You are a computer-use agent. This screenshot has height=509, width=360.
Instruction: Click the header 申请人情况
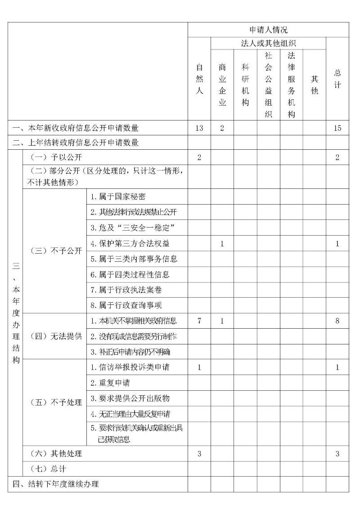pyautogui.click(x=268, y=30)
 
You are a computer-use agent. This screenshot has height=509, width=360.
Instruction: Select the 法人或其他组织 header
pyautogui.click(x=268, y=43)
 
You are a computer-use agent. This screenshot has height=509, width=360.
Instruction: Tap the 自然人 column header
pyautogui.click(x=199, y=79)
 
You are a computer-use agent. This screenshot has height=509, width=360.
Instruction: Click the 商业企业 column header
pyautogui.click(x=222, y=85)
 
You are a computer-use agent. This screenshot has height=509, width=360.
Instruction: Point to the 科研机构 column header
pyautogui.click(x=245, y=85)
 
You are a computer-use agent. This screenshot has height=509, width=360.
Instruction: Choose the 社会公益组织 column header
pyautogui.click(x=268, y=85)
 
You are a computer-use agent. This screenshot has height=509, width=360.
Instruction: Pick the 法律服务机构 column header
pyautogui.click(x=291, y=85)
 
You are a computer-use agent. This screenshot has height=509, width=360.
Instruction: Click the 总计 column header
pyautogui.click(x=337, y=79)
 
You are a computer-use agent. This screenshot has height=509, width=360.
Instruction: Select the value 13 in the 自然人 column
pyautogui.click(x=199, y=128)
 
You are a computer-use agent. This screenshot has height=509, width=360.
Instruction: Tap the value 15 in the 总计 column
pyautogui.click(x=337, y=128)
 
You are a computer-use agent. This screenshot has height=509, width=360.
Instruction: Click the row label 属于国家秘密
pyautogui.click(x=118, y=197)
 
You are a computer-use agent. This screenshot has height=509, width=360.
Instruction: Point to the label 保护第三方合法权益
pyautogui.click(x=130, y=244)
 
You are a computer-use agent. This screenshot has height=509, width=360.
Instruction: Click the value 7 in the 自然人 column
pyautogui.click(x=199, y=321)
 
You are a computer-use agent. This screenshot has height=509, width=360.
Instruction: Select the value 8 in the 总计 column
pyautogui.click(x=337, y=321)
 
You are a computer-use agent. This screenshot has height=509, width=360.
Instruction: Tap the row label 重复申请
pyautogui.click(x=111, y=383)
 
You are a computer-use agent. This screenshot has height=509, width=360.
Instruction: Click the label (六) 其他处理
pyautogui.click(x=56, y=454)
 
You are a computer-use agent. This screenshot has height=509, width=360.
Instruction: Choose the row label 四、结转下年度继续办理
pyautogui.click(x=56, y=485)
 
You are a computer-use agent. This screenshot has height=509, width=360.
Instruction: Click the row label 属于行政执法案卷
pyautogui.click(x=126, y=290)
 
